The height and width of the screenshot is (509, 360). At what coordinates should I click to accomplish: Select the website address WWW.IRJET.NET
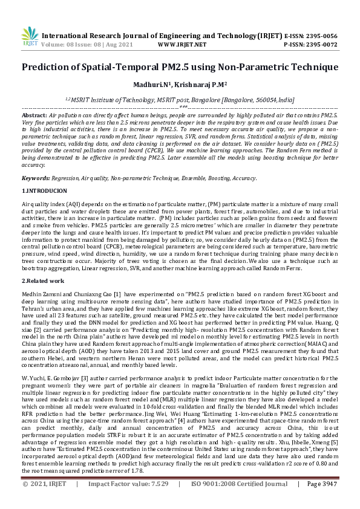182,44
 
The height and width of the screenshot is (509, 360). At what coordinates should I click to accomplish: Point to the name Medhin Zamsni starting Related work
42,293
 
